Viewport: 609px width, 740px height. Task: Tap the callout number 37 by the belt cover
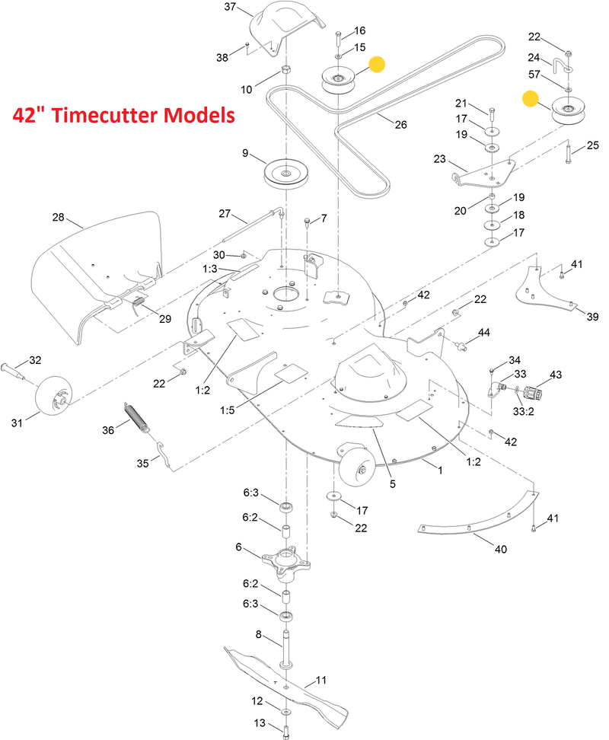tap(229, 8)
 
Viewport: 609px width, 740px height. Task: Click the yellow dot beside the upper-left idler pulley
tap(375, 65)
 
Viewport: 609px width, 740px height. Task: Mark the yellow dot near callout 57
tap(530, 97)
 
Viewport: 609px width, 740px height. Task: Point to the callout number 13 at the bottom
tap(260, 722)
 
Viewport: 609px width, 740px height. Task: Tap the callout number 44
tap(484, 333)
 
